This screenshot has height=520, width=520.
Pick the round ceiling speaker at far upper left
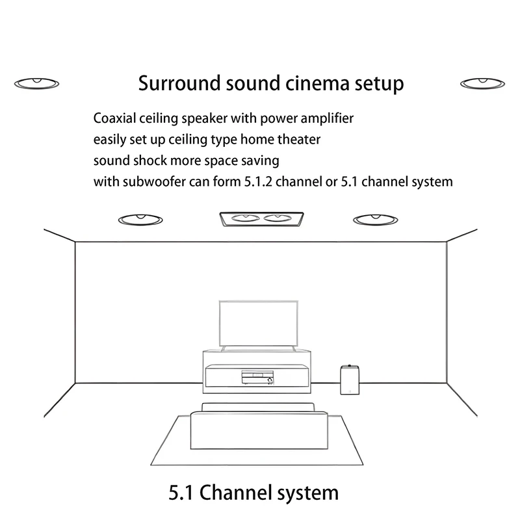tap(38, 83)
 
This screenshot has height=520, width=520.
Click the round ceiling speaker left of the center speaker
tap(140, 219)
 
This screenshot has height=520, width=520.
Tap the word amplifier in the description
tap(324, 119)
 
